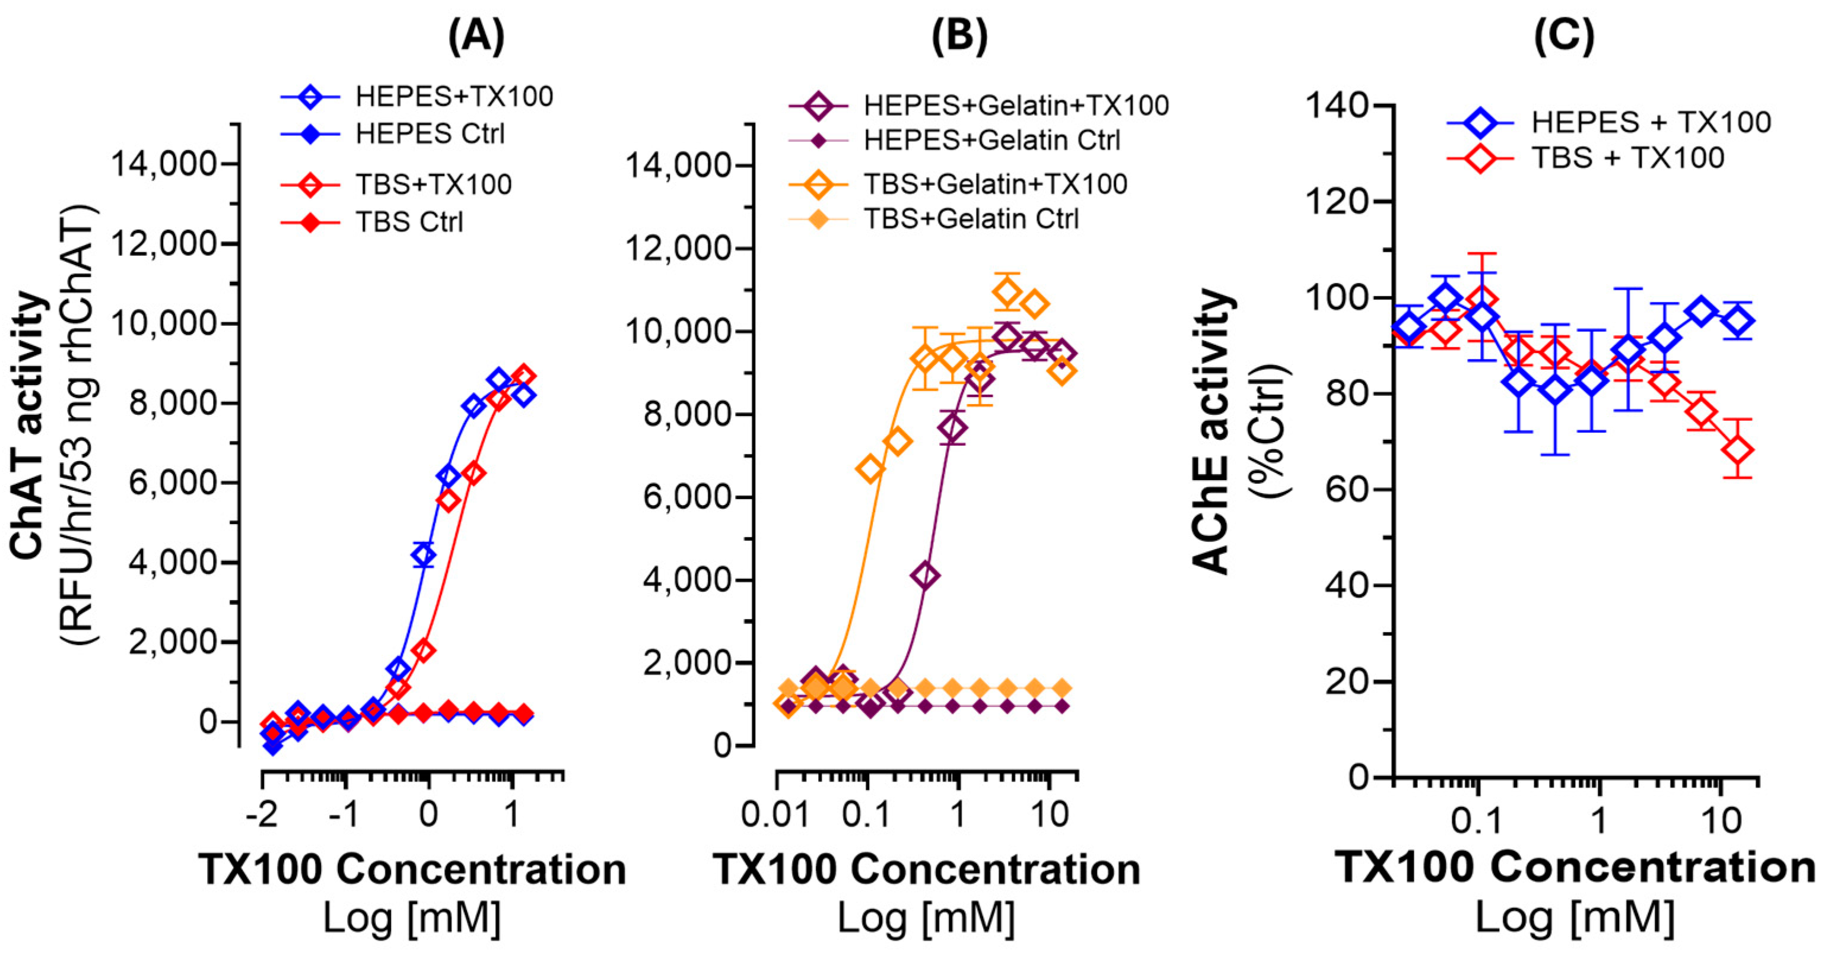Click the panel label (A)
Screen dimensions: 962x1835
476,36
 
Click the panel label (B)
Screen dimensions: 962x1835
959,36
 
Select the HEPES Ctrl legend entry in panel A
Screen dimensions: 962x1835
430,134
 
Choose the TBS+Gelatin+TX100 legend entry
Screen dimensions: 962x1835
995,185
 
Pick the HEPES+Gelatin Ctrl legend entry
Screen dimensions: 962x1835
991,141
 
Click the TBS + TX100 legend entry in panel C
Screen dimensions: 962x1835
1628,157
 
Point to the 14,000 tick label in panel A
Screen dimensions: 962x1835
164,164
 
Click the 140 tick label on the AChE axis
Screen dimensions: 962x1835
1338,106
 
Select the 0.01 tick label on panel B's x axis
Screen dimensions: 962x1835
775,814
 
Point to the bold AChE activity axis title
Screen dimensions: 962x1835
1211,431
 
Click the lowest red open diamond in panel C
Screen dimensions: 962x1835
1738,450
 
